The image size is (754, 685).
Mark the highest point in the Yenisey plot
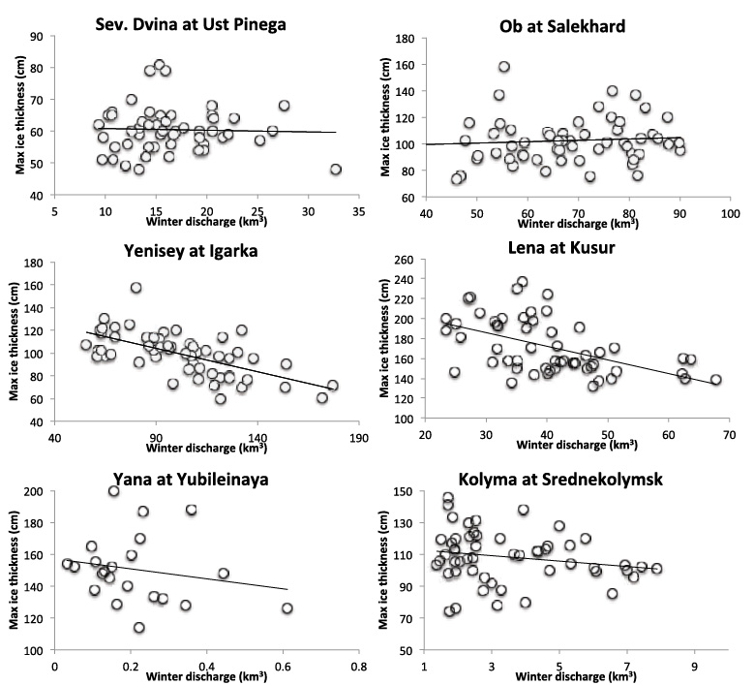click(x=136, y=288)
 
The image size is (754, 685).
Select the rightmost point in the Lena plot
click(x=716, y=380)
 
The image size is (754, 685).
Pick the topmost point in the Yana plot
click(x=114, y=491)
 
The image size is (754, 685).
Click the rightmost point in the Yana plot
click(x=287, y=608)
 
